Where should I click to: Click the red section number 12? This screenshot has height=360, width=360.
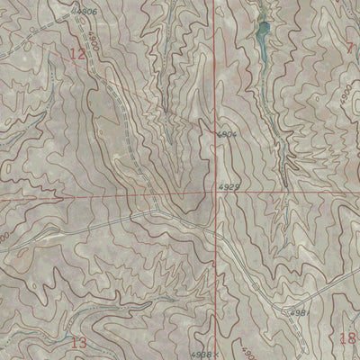[79, 56]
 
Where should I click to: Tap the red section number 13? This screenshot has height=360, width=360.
[78, 342]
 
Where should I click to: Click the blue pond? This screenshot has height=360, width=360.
[262, 36]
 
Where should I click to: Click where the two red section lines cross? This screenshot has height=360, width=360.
[217, 193]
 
